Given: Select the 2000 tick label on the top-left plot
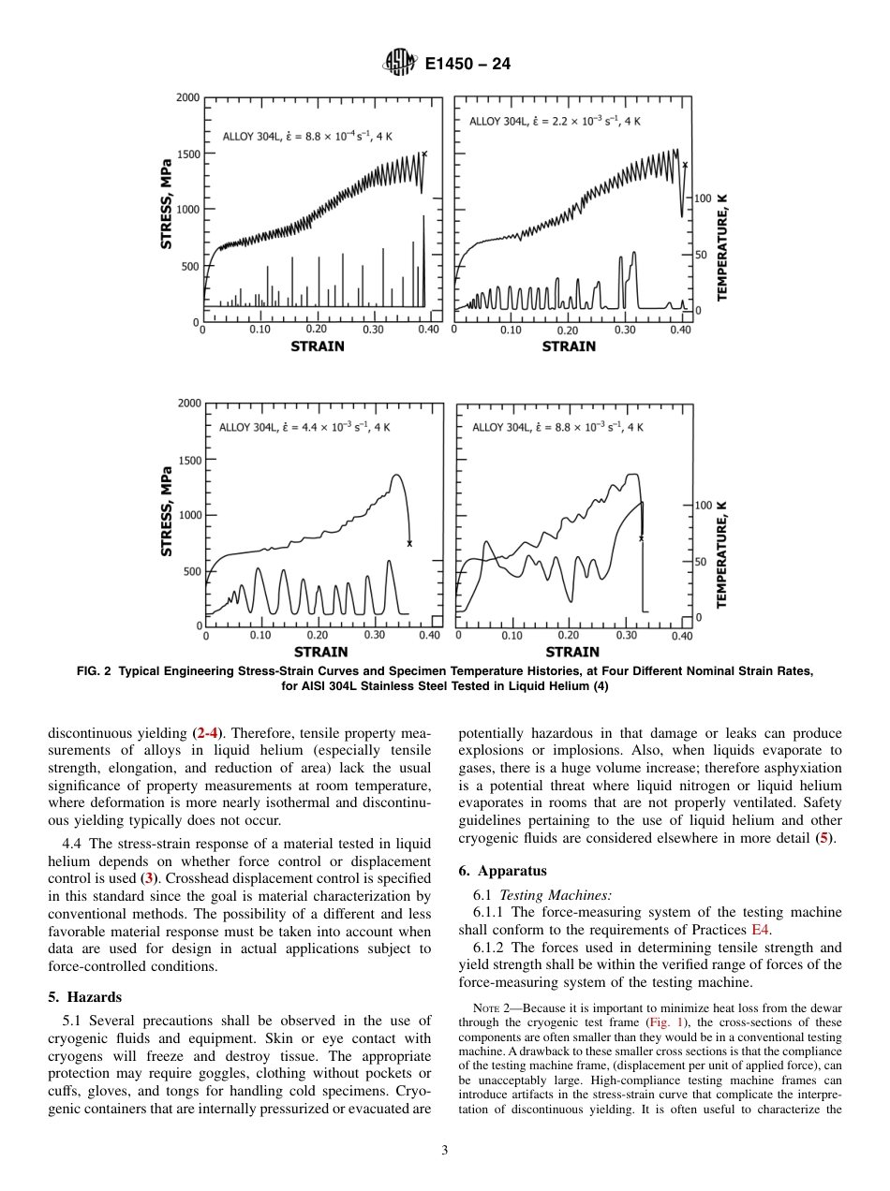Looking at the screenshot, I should [x=187, y=97].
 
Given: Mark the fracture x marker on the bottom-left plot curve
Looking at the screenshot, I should [x=409, y=543].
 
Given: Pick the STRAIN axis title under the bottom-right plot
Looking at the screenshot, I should [x=571, y=652].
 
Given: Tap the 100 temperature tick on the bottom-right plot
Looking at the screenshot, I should [x=704, y=505].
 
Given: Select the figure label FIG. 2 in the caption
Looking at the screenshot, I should [x=96, y=671].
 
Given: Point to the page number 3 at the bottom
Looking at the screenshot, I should [x=445, y=1151].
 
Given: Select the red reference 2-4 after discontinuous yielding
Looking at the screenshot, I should [x=206, y=733].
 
